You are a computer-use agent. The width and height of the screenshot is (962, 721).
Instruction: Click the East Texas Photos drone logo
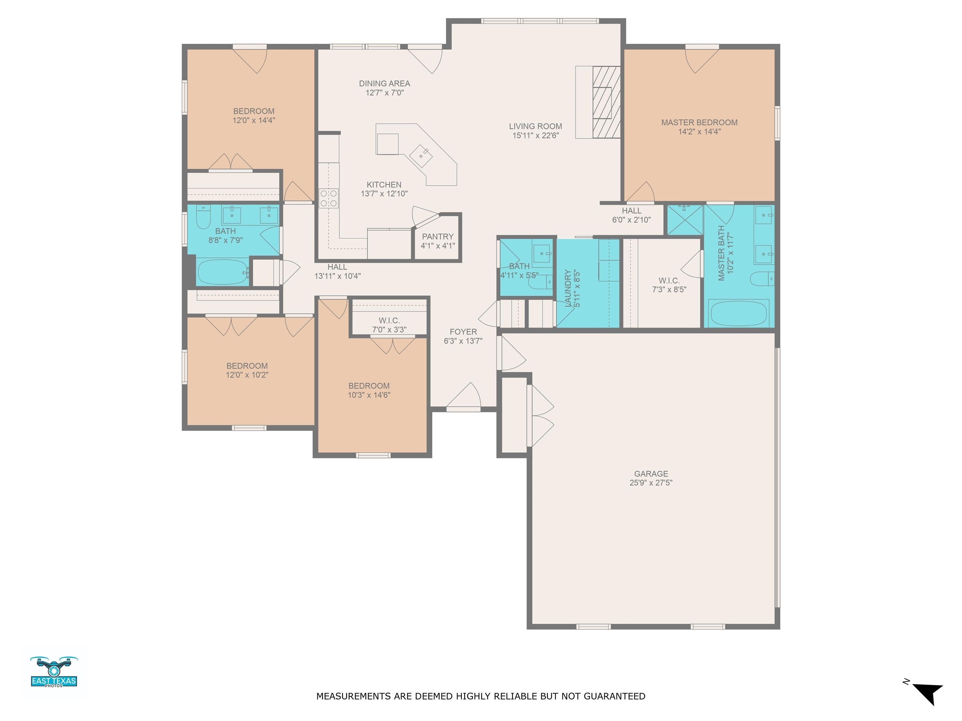(54, 672)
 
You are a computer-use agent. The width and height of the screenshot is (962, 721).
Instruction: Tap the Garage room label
(651, 474)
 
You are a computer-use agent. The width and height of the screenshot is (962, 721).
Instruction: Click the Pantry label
(437, 237)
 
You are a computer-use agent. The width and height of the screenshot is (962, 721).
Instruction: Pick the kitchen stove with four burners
(329, 198)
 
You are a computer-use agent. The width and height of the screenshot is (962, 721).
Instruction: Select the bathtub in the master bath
(738, 313)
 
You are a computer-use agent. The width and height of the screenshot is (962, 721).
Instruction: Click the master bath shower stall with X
(685, 220)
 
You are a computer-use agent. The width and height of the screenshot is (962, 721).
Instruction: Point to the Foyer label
(463, 332)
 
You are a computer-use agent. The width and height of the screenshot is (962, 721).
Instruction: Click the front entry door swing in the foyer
(463, 396)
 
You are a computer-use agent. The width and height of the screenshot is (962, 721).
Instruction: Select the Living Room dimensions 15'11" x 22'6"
(535, 136)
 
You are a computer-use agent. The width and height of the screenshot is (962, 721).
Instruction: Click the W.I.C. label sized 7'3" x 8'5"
(669, 281)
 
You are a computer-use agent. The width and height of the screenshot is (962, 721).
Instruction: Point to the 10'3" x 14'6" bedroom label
(369, 386)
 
